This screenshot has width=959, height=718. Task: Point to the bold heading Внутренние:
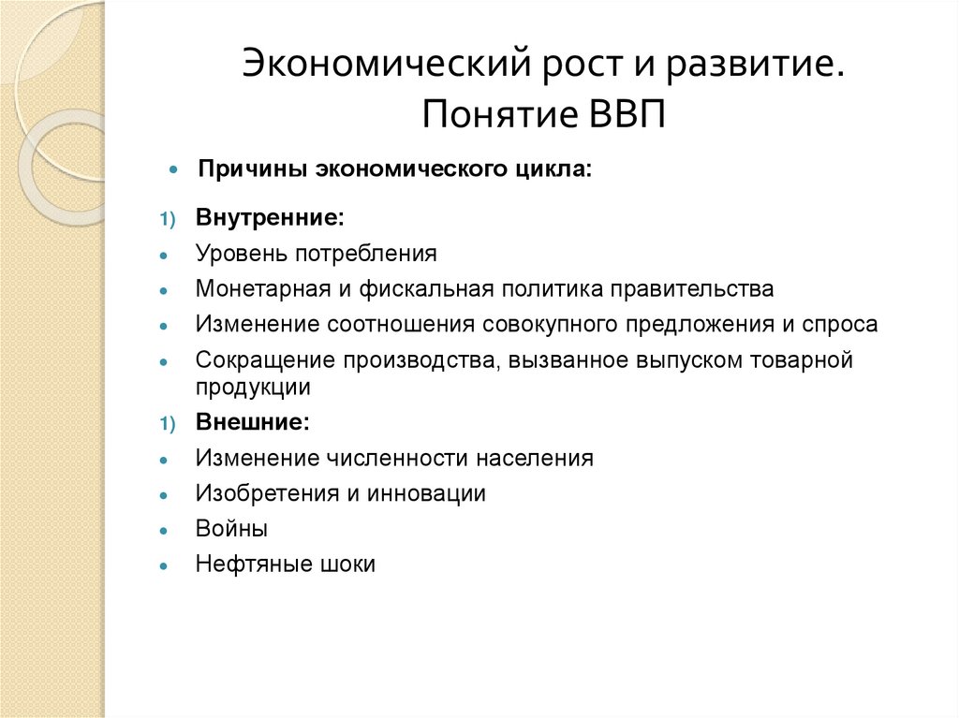pos(270,217)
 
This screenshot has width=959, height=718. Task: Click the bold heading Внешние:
pos(252,422)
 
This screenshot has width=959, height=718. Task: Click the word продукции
pos(253,386)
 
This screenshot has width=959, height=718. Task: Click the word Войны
pos(231,529)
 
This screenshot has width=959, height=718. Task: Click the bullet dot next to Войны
pos(164,531)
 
